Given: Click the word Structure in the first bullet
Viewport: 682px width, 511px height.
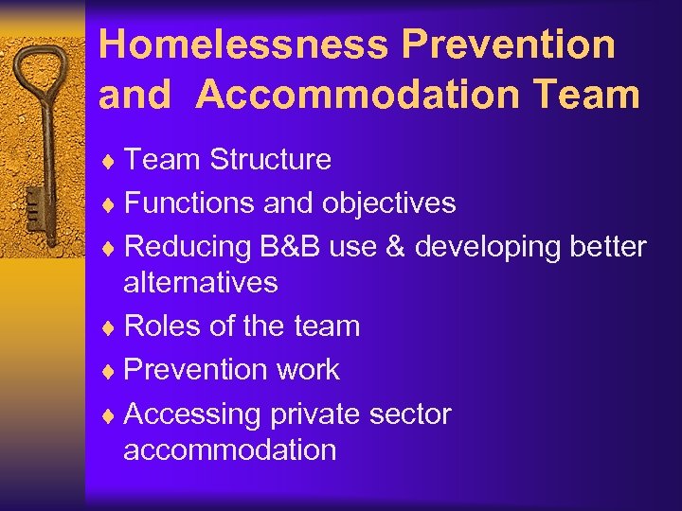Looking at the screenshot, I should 270,159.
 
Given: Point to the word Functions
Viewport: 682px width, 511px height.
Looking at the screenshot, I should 182,203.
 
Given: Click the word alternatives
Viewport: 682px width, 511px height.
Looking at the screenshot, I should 201,282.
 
